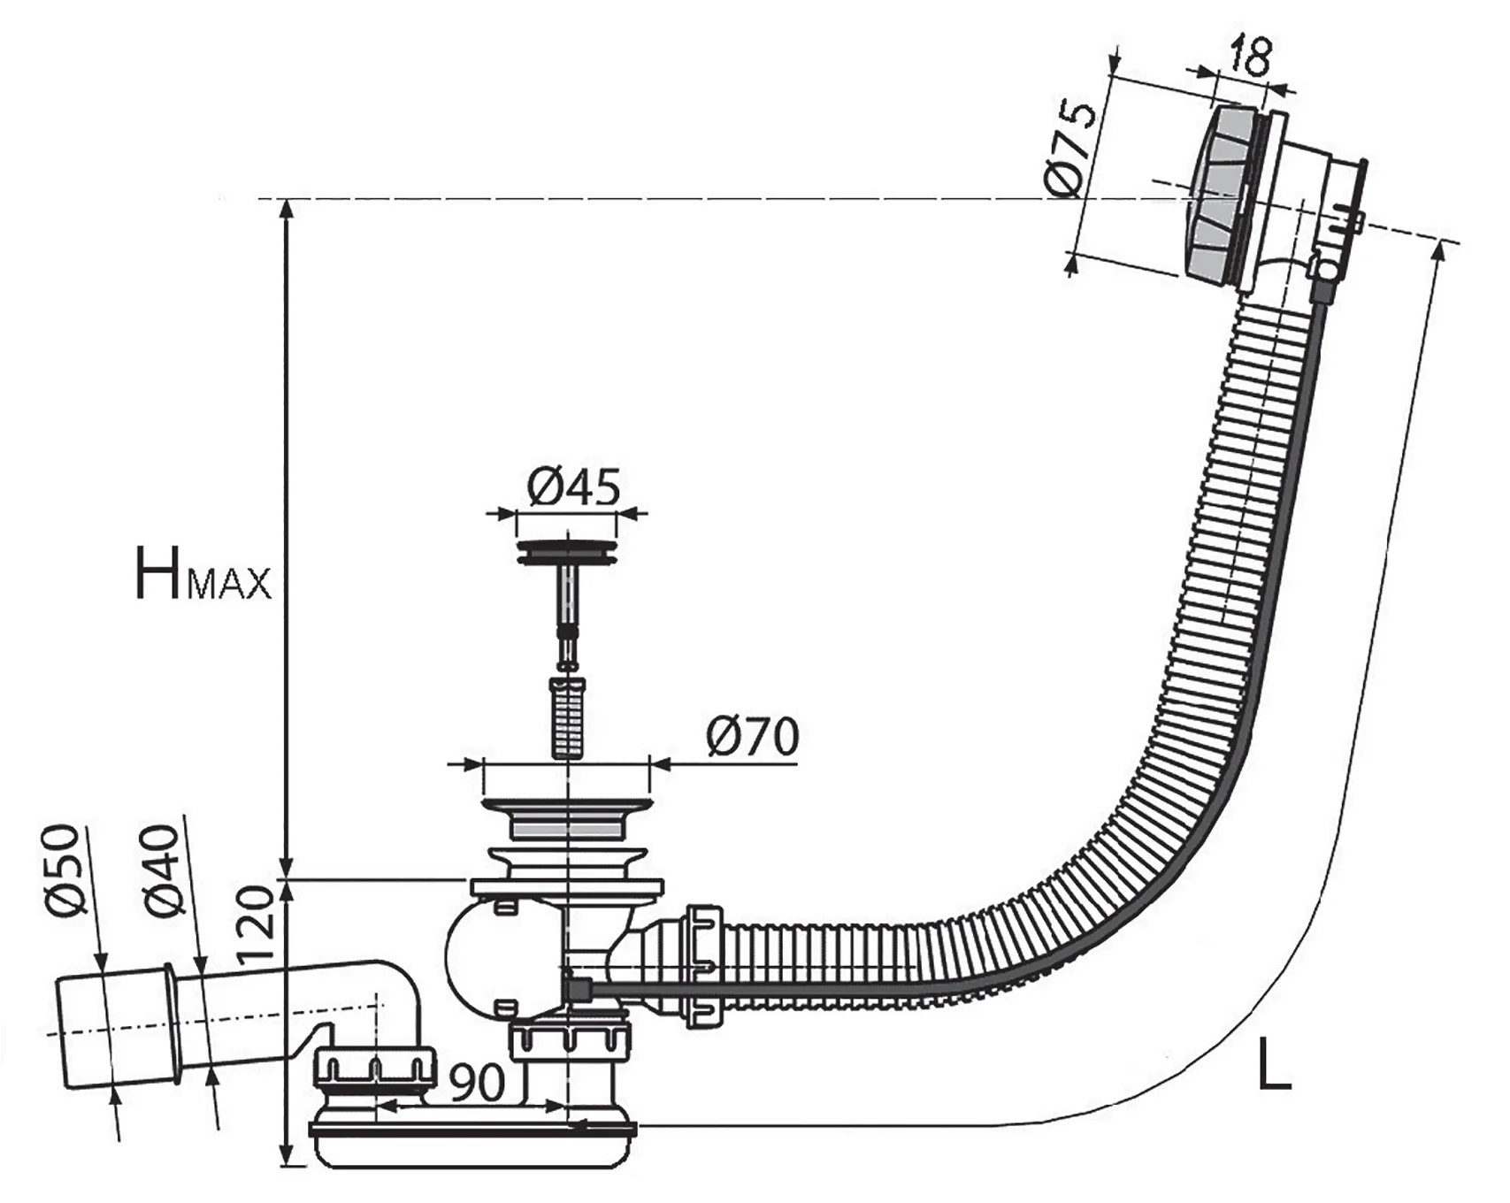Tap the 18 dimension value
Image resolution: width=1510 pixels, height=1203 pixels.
(x=1247, y=55)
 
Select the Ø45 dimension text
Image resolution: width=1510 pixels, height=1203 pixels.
(x=574, y=487)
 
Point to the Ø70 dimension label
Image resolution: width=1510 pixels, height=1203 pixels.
(x=752, y=736)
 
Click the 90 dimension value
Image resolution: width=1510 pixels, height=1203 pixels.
(x=477, y=1082)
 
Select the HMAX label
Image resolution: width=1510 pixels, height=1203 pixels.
(x=203, y=574)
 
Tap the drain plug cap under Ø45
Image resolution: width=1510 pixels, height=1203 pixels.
(x=566, y=552)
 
